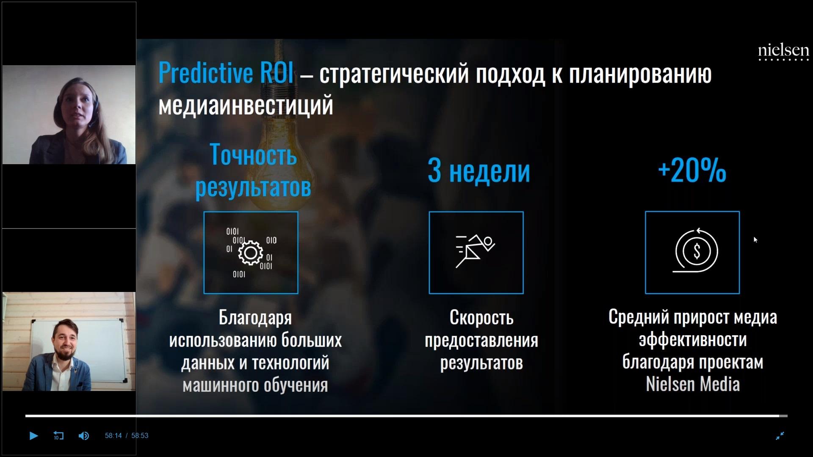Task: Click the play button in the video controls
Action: [33, 435]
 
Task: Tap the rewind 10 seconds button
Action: [58, 435]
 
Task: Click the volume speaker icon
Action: [84, 435]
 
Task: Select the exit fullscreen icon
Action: [780, 435]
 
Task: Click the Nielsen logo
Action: [783, 52]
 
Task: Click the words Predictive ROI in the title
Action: [226, 73]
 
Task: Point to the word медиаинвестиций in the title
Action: [246, 105]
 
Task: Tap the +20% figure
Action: [692, 171]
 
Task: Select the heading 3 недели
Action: [479, 171]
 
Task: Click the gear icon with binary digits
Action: [251, 253]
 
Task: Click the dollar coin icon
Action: [696, 251]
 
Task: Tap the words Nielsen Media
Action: [693, 384]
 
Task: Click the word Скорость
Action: [481, 317]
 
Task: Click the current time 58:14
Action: [113, 436]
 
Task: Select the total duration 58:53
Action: [140, 436]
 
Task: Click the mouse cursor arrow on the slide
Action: [755, 240]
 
